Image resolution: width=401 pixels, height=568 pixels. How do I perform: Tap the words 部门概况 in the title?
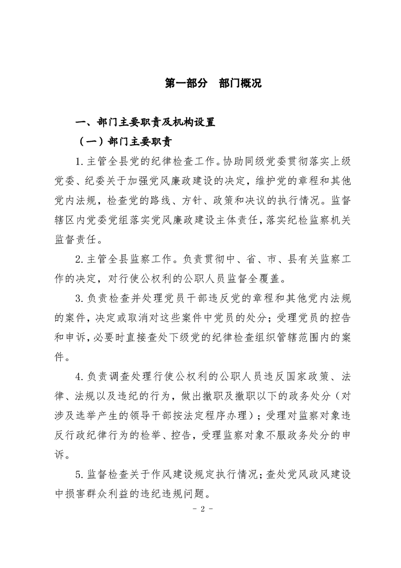click(240, 84)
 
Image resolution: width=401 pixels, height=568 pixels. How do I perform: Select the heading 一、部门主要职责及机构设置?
click(145, 122)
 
